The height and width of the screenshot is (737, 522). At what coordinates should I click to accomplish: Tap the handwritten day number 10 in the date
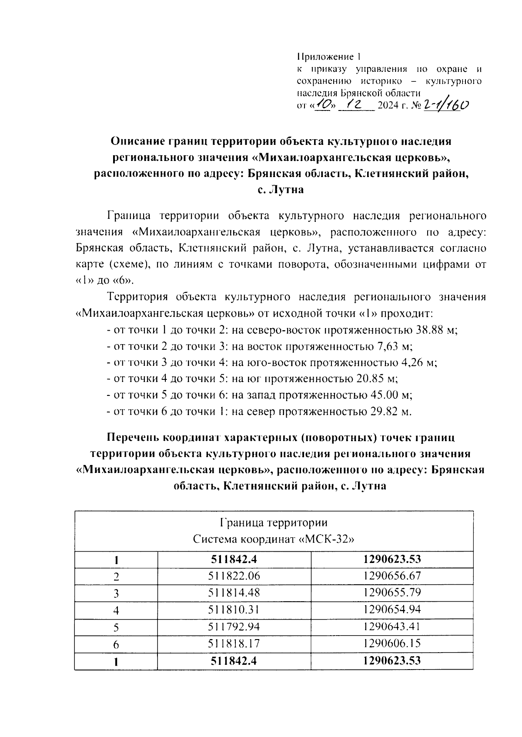click(x=324, y=104)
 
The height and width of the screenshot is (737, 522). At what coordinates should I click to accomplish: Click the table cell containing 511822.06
click(x=234, y=576)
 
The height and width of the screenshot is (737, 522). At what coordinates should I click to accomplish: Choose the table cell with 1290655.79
click(x=392, y=593)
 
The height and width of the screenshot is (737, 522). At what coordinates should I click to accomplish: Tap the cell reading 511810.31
click(x=234, y=610)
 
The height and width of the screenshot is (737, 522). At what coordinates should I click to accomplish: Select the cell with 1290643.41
click(x=392, y=627)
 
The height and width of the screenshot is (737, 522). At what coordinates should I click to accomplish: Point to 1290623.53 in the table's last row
click(x=392, y=661)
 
